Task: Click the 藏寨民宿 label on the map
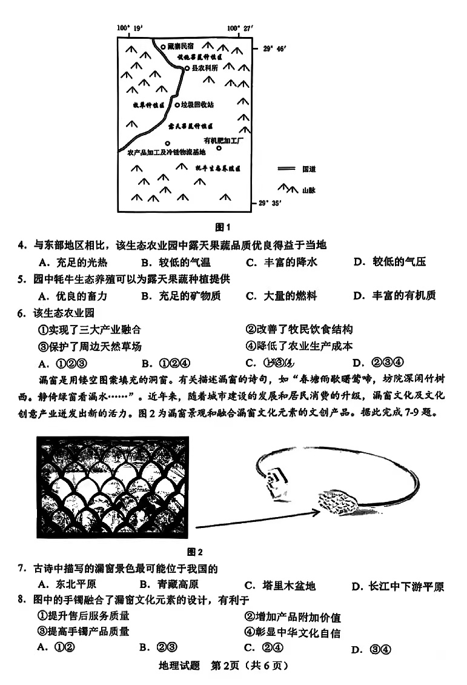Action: point(181,47)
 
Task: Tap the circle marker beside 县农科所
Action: point(187,69)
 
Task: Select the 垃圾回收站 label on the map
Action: point(197,104)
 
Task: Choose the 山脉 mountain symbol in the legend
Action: point(287,190)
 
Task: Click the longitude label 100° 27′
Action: point(241,28)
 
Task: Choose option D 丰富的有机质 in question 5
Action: point(394,296)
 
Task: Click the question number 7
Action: point(21,568)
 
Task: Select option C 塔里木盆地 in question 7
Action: point(279,586)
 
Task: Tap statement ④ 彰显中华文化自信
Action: point(293,632)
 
